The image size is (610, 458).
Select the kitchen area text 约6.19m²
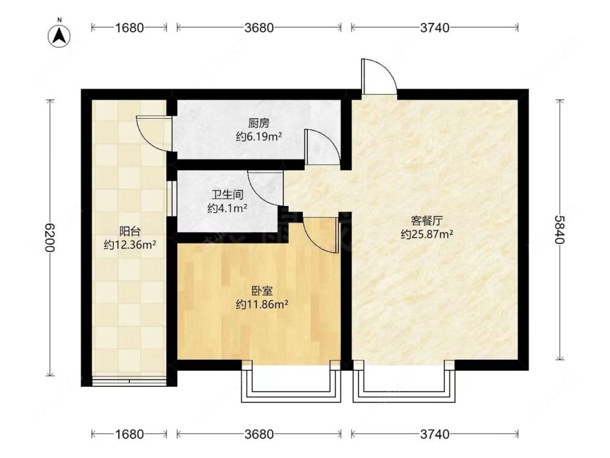259,137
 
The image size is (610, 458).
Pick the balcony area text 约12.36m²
130,245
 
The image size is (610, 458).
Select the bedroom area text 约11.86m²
261,305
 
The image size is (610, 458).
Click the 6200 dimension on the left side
49,238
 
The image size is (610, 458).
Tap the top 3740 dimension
435,28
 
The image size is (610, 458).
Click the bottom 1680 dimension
130,434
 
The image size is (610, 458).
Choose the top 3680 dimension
259,28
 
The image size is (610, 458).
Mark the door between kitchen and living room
322,147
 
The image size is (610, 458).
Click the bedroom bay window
292,384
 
